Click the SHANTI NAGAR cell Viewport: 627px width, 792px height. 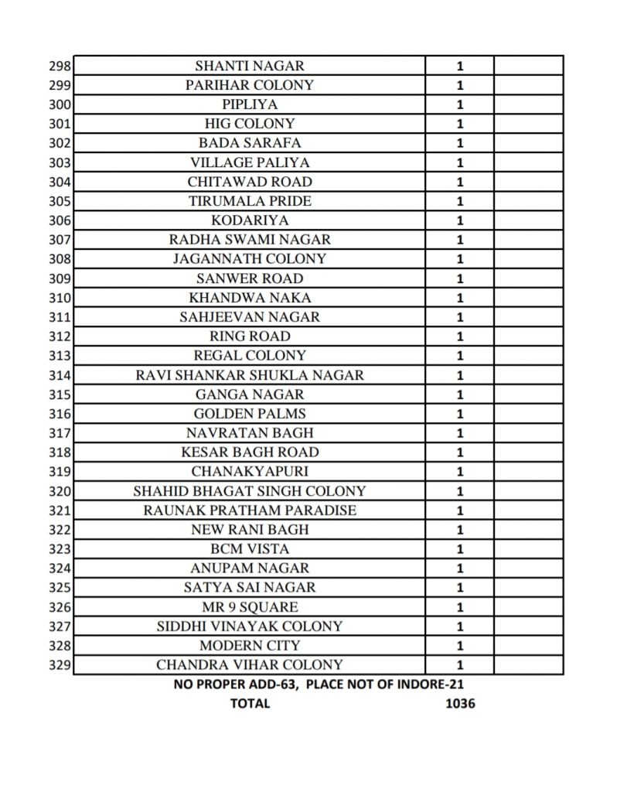(x=249, y=66)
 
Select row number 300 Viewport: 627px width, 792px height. (x=60, y=104)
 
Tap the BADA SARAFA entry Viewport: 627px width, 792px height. (x=249, y=143)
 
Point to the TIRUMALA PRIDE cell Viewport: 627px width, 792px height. (x=249, y=201)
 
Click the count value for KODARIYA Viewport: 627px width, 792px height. (x=460, y=220)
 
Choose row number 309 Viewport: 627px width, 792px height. (x=60, y=278)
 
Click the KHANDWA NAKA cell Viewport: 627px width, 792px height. (x=249, y=298)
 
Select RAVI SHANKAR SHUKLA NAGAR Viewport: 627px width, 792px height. (x=249, y=375)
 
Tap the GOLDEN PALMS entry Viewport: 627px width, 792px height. (x=249, y=414)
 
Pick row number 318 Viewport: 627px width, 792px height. (x=60, y=452)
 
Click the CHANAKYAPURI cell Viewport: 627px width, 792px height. (x=249, y=472)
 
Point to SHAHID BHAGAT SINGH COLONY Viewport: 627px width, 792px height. (x=249, y=491)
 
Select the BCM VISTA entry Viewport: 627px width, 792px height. (x=249, y=549)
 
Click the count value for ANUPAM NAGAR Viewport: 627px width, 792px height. (x=460, y=568)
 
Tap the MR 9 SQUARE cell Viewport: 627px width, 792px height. (x=249, y=607)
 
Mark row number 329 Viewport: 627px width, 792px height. (x=60, y=665)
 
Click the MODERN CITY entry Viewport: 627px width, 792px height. (x=249, y=646)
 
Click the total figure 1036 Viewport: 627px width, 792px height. (x=460, y=704)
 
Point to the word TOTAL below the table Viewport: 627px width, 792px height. (x=250, y=704)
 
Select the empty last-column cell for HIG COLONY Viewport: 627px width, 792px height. (x=528, y=124)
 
